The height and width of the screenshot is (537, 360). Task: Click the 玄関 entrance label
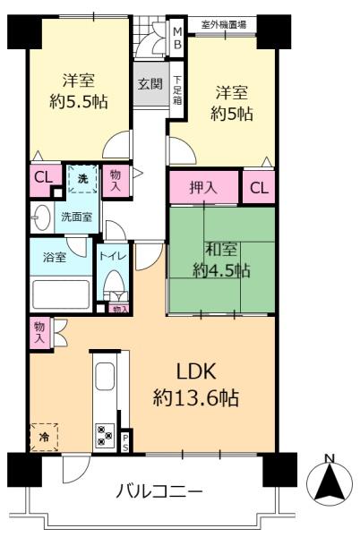pyautogui.click(x=150, y=84)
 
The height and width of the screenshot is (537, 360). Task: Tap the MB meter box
pyautogui.click(x=177, y=38)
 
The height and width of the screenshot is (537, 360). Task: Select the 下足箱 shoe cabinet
pyautogui.click(x=177, y=90)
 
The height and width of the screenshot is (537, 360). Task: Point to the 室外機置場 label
pyautogui.click(x=224, y=25)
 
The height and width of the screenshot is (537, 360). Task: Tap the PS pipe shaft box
pyautogui.click(x=125, y=441)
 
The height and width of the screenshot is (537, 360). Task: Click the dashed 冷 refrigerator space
pyautogui.click(x=44, y=438)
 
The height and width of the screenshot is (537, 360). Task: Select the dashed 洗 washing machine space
pyautogui.click(x=82, y=179)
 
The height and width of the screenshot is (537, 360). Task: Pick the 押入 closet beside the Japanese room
pyautogui.click(x=204, y=187)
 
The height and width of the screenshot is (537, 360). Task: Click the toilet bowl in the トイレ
pyautogui.click(x=115, y=282)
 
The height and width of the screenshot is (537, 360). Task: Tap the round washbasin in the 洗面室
pyautogui.click(x=41, y=217)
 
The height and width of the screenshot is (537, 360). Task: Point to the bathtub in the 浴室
pyautogui.click(x=61, y=294)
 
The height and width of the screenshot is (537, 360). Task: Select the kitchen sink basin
pyautogui.click(x=105, y=376)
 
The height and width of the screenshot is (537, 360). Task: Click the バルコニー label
pyautogui.click(x=159, y=492)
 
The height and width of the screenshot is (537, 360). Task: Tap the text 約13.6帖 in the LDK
pyautogui.click(x=195, y=398)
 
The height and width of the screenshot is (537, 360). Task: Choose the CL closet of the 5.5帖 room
pyautogui.click(x=44, y=178)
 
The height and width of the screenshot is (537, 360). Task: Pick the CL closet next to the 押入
pyautogui.click(x=259, y=187)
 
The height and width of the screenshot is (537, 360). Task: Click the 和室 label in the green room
pyautogui.click(x=220, y=250)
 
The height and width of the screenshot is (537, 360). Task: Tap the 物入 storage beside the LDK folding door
pyautogui.click(x=39, y=333)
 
